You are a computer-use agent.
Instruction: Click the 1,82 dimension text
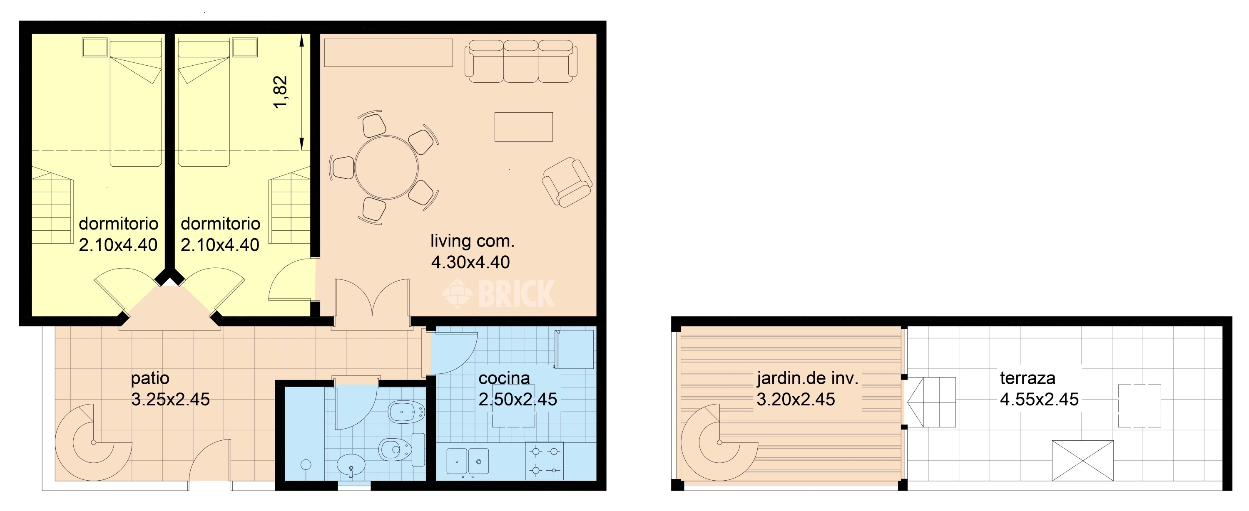[x=281, y=92]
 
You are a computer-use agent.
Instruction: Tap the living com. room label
[x=472, y=241]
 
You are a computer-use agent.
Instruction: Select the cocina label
[x=504, y=378]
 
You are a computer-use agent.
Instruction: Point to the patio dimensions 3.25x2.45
[x=171, y=400]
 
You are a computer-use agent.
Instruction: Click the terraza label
[x=1028, y=378]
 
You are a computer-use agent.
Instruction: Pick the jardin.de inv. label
[x=808, y=378]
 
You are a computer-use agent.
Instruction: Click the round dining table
[x=386, y=168]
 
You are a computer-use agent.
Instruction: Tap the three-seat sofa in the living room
[x=521, y=62]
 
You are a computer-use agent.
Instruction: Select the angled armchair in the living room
[x=567, y=182]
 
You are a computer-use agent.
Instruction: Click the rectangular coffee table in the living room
[x=524, y=127]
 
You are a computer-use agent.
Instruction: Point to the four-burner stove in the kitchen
[x=545, y=461]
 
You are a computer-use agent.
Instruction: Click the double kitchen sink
[x=468, y=461]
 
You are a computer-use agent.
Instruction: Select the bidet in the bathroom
[x=407, y=412]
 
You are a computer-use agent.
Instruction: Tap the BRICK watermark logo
[x=498, y=294]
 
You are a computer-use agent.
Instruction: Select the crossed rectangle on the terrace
[x=1082, y=461]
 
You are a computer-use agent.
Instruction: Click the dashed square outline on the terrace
[x=1140, y=406]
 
